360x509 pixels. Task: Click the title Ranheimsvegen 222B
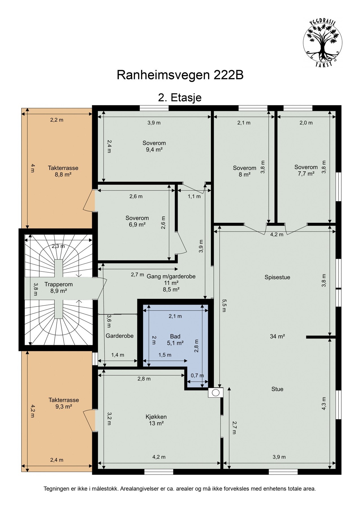pos(180,76)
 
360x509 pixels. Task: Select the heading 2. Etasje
pos(180,98)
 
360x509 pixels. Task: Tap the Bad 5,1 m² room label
pos(175,340)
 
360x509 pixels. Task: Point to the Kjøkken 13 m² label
pos(156,420)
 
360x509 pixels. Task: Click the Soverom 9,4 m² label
pos(154,146)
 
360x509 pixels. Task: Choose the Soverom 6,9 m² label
pos(137,221)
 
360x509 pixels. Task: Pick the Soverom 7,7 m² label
pos(306,170)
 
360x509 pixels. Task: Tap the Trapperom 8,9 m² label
pos(58,287)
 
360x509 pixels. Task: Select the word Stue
pos(277,389)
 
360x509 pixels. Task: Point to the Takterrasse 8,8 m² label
pos(63,171)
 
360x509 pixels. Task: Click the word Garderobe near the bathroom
pos(119,336)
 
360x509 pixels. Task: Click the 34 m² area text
pos(277,336)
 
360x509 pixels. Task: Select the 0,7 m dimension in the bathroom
pos(197,376)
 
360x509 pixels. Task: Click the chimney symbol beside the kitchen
pos(216,392)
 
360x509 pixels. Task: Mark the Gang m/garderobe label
pos(171,276)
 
